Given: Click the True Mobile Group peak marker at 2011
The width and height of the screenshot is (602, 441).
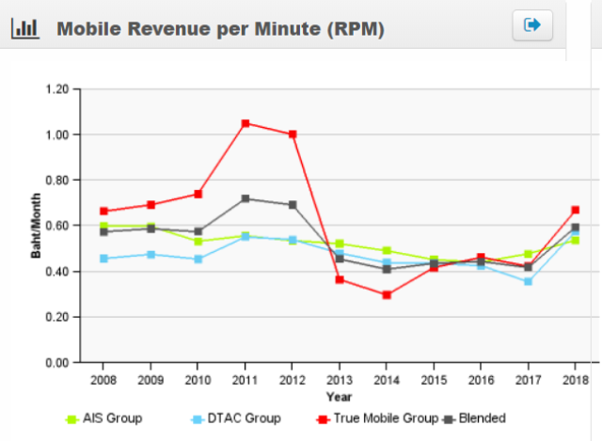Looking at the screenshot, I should tap(245, 123).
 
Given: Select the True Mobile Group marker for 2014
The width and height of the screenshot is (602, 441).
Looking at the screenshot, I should tap(386, 294).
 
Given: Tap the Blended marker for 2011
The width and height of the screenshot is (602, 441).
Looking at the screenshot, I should tap(245, 198).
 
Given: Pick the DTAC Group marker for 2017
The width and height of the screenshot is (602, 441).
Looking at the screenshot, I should tap(528, 281).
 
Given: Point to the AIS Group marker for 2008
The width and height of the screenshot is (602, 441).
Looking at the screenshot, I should tap(103, 226).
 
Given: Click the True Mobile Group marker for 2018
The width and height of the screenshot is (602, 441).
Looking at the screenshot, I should tap(575, 210).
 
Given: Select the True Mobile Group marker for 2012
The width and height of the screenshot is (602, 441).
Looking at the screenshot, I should tap(293, 134).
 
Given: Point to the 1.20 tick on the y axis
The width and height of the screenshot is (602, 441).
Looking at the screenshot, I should tap(57, 89).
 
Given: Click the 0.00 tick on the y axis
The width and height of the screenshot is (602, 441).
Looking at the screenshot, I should tap(57, 363).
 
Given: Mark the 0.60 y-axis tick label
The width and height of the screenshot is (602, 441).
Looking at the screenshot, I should tap(57, 226).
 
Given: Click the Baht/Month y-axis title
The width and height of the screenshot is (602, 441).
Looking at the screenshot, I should tap(36, 227).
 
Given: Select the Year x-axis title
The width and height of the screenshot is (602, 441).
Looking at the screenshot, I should tap(339, 397).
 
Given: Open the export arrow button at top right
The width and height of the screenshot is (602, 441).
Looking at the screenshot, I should tap(532, 25).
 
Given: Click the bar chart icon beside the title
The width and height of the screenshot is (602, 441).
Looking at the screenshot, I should tap(24, 28).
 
